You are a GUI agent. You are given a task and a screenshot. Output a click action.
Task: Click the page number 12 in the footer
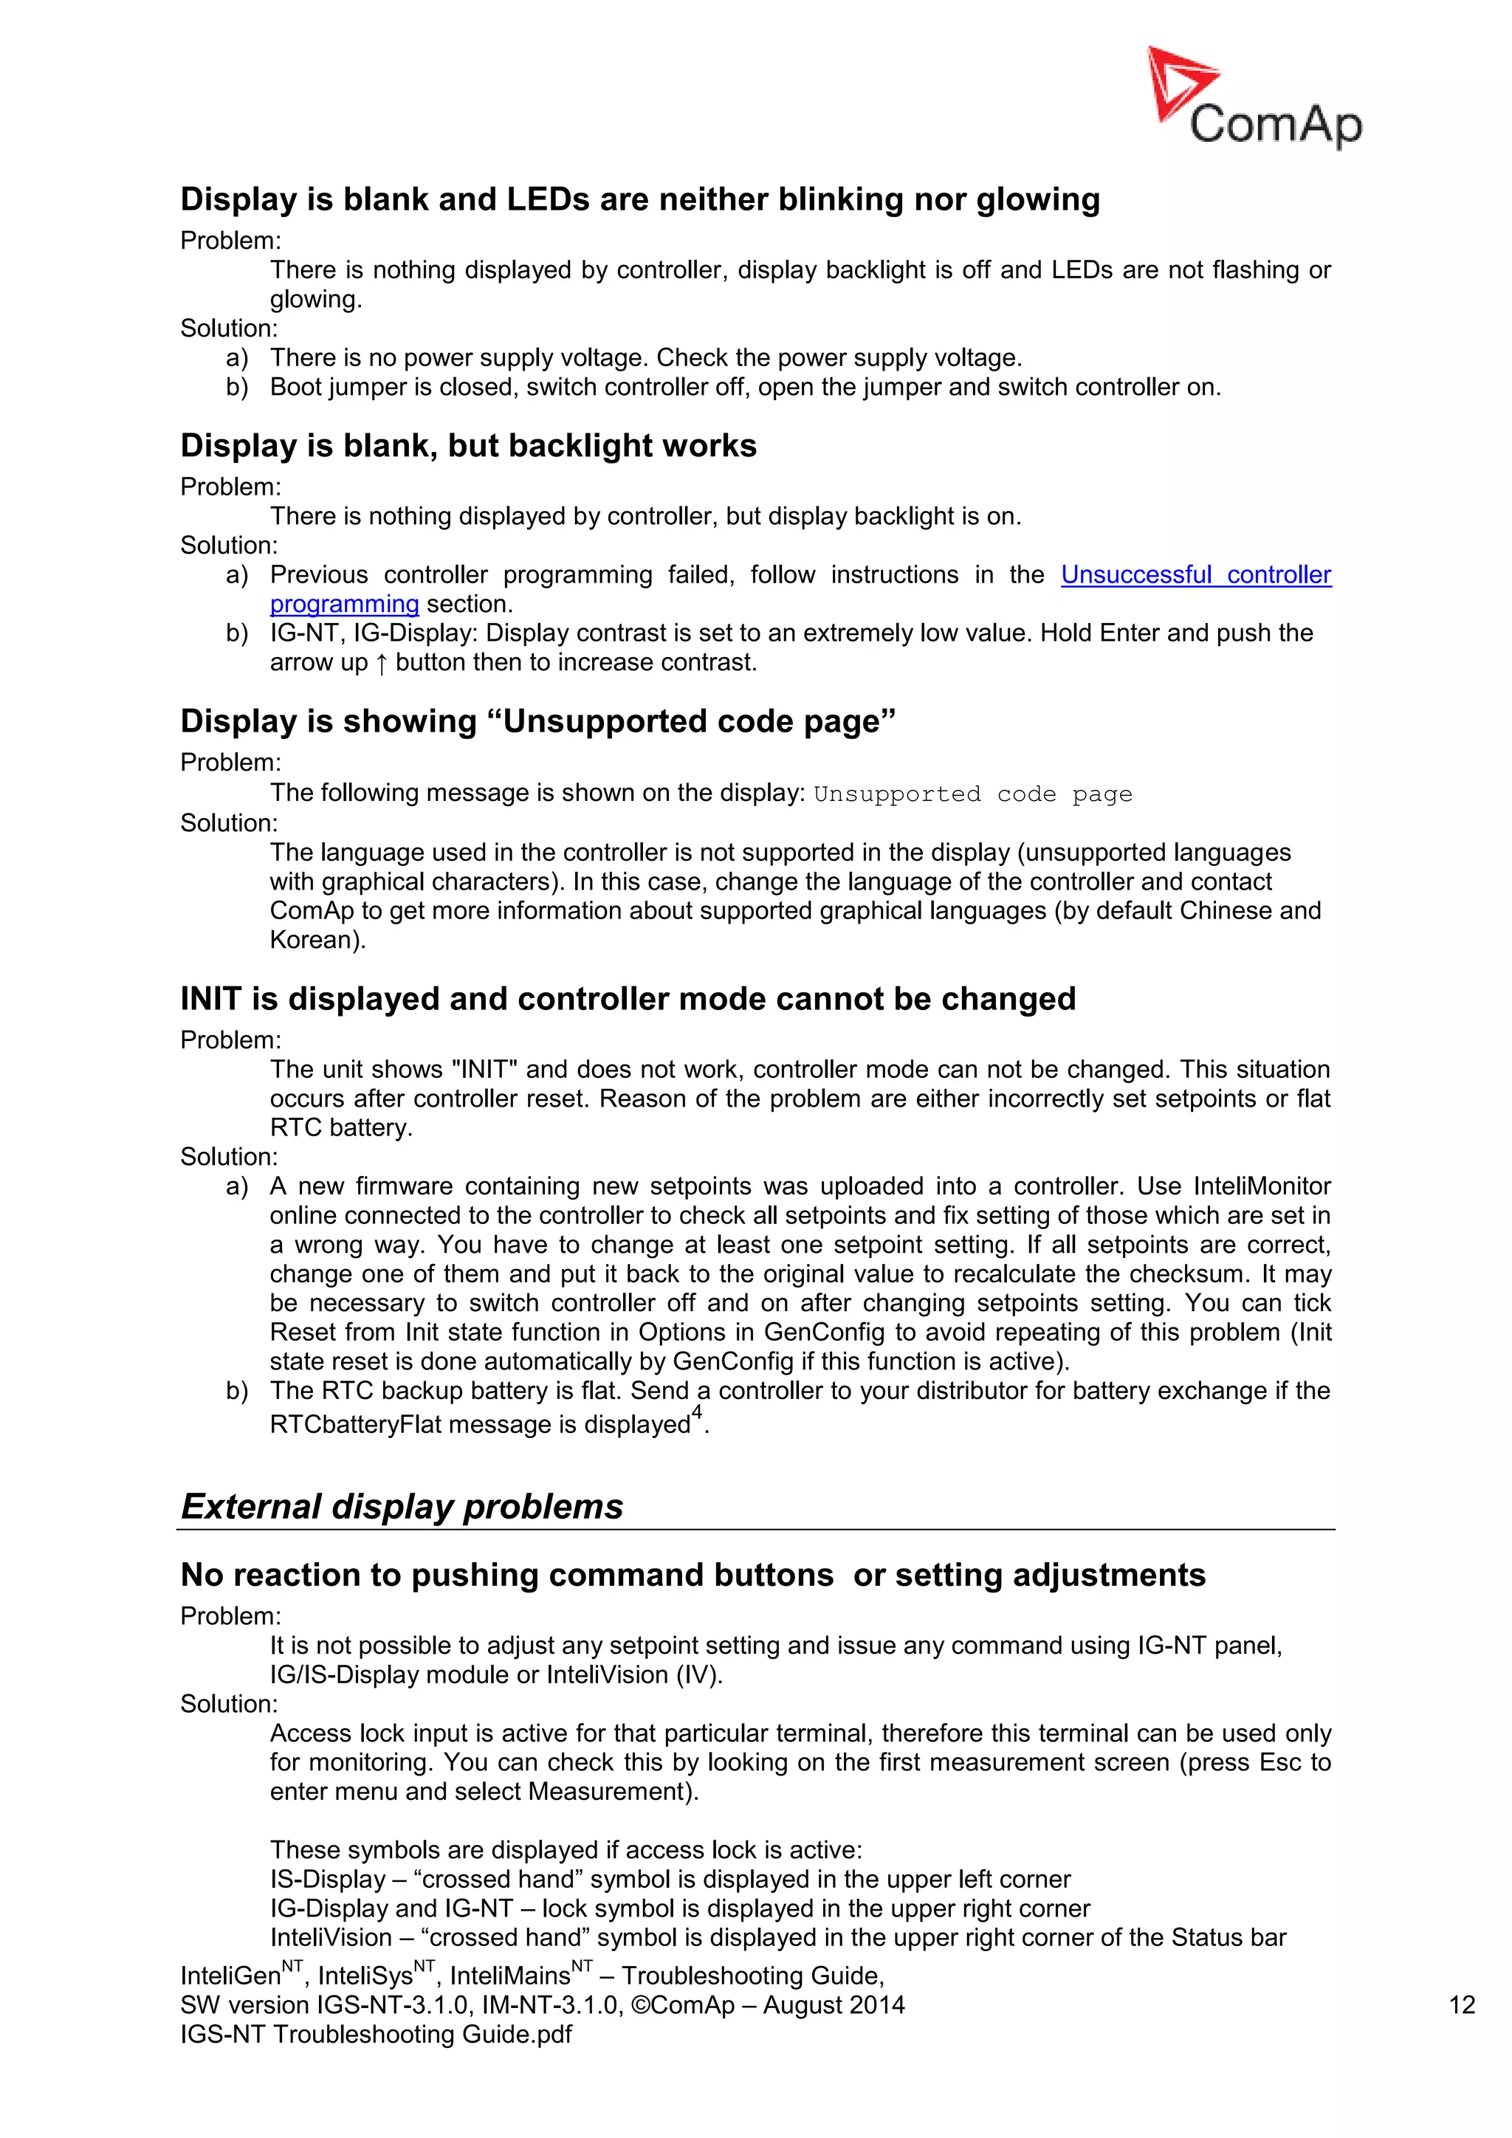coord(1461,2005)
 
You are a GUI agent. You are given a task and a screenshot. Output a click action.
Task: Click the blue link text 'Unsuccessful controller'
coord(1195,574)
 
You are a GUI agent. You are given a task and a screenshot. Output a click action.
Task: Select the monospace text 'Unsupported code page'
coord(972,794)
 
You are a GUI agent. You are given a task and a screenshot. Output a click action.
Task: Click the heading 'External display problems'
coord(402,1507)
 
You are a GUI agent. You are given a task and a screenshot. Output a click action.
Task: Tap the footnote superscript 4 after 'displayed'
coord(696,1412)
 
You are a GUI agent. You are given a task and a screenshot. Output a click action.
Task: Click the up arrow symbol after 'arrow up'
coord(382,663)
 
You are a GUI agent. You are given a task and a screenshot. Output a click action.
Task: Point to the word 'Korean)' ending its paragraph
coord(317,940)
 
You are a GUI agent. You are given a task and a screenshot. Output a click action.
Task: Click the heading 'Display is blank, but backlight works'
coord(468,445)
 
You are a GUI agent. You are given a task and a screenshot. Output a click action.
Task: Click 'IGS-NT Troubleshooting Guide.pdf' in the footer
coord(376,2034)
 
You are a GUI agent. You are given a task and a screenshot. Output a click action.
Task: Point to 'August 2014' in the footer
coord(834,2005)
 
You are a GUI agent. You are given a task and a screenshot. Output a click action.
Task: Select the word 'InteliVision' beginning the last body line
coord(331,1937)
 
